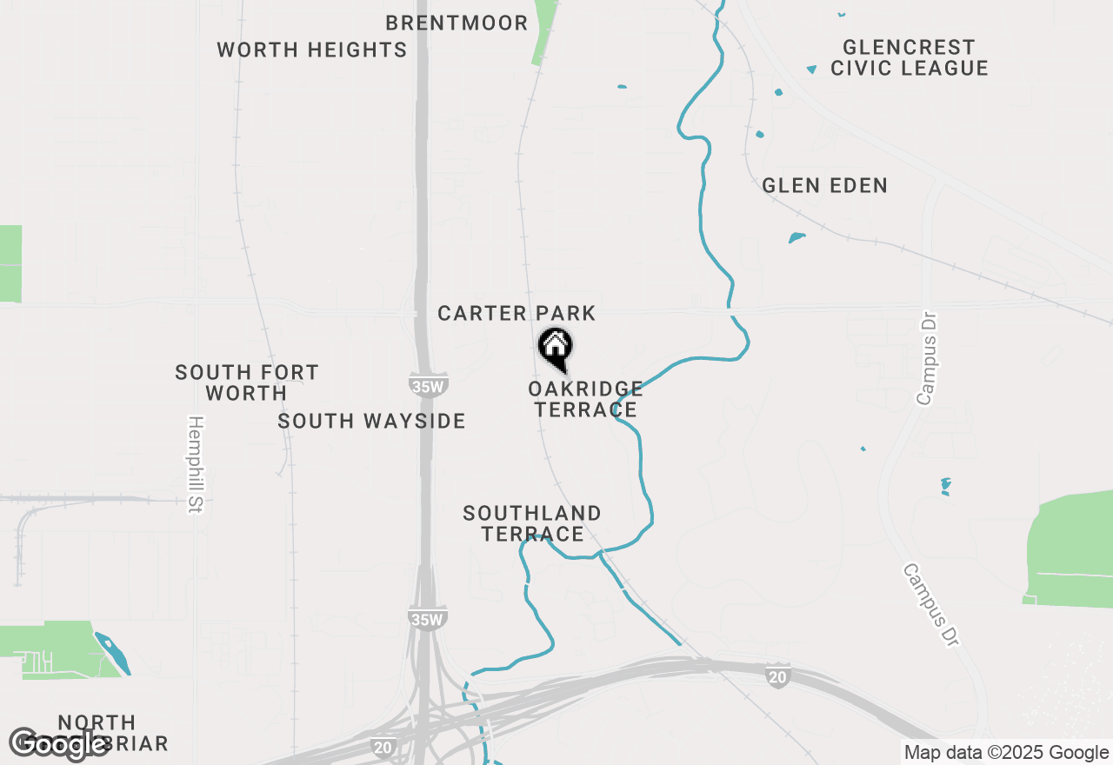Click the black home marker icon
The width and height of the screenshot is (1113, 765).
556,348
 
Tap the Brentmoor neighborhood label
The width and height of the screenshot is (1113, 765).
457,23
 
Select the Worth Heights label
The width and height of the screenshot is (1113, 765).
312,50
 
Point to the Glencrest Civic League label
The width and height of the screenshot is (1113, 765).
909,57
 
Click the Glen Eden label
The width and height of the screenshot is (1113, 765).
824,185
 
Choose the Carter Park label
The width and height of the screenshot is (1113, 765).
517,313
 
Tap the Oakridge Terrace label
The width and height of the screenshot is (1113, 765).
585,399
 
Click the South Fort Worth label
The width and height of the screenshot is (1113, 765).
247,382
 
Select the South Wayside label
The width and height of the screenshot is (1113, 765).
371,422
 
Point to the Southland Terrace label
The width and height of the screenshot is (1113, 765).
532,523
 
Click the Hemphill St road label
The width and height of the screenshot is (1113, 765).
195,465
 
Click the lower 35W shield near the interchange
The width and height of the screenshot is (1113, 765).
428,618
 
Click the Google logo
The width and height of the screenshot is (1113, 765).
59,743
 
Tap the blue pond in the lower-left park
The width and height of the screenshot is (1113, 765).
113,652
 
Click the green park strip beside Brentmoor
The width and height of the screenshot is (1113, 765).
544,31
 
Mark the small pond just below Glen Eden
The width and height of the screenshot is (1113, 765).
796,237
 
